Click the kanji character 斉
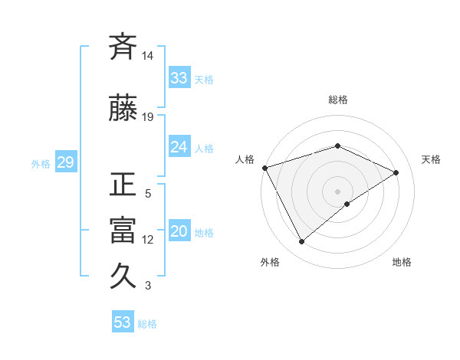coord(123,48)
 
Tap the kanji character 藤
coord(123,109)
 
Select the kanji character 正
coord(123,185)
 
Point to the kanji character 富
coord(123,231)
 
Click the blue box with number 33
coord(179,78)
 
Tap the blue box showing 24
coord(179,147)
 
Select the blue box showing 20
coord(179,231)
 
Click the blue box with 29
coord(65,162)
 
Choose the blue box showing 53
coord(123,322)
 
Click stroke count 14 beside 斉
coord(148,56)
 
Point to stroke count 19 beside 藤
coord(148,117)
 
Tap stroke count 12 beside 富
coord(148,240)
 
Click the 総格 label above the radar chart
coord(338,100)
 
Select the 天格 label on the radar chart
coord(432,159)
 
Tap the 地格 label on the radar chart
coord(402,262)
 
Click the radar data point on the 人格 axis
coord(264,167)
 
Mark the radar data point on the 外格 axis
coord(301,242)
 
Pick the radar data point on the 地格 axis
coord(347,204)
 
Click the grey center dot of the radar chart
coord(338,191)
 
